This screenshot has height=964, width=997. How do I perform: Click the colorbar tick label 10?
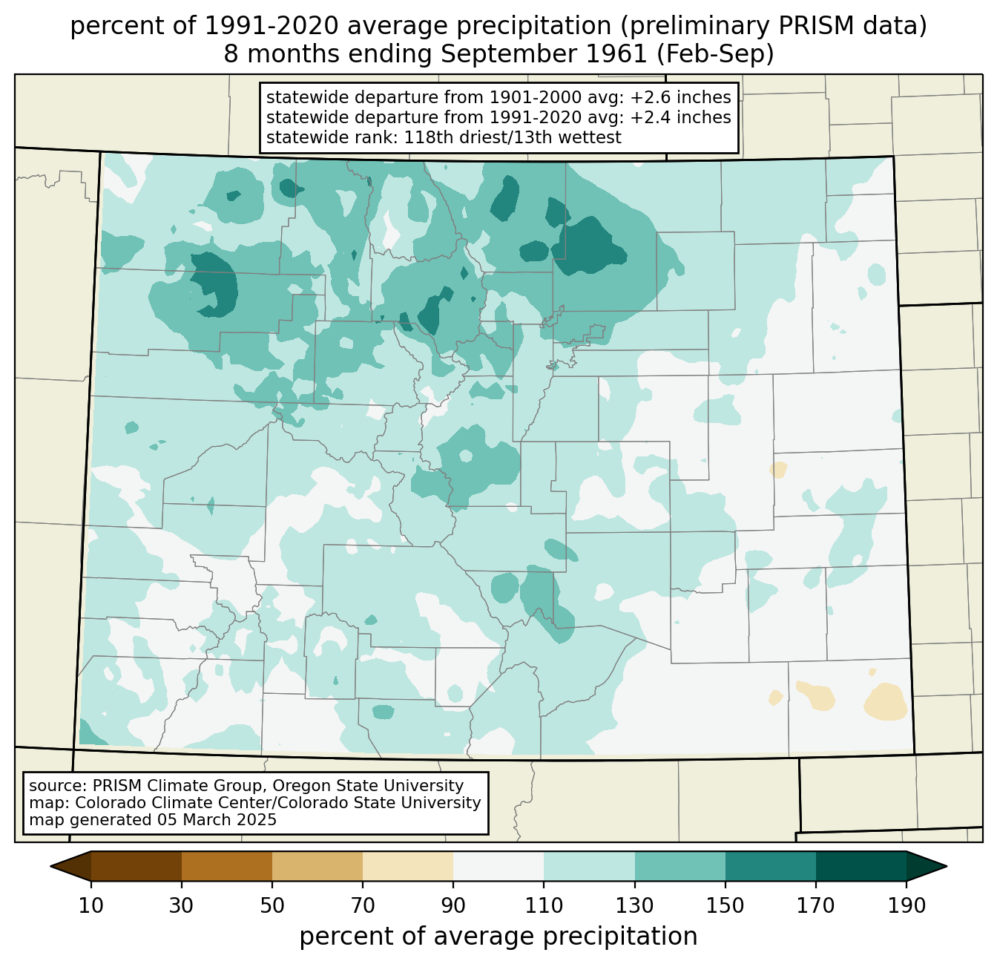click(91, 905)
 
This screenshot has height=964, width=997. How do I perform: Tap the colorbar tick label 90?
click(453, 905)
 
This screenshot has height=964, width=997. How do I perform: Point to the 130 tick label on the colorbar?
click(634, 905)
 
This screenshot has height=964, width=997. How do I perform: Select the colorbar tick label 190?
click(906, 905)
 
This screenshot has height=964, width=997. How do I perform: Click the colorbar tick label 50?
click(272, 905)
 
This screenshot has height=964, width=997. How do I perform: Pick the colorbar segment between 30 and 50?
click(226, 866)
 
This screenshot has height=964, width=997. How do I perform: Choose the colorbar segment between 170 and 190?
click(861, 866)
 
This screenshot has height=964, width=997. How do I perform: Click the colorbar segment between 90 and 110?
click(498, 866)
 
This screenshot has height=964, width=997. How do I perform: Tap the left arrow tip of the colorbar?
click(50, 866)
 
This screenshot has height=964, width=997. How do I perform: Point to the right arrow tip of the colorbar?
click(947, 866)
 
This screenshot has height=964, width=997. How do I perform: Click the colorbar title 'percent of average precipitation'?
click(498, 937)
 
